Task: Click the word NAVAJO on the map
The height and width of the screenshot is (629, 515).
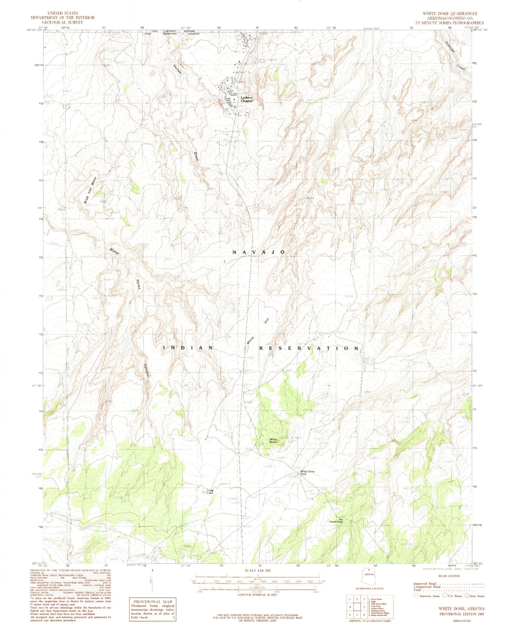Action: (x=258, y=252)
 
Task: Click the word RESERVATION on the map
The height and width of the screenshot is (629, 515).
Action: (x=309, y=348)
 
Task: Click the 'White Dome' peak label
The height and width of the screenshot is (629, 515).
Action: (x=273, y=441)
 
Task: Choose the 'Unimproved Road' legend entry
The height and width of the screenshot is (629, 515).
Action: (x=427, y=587)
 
